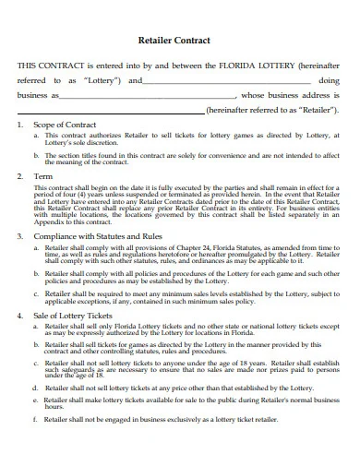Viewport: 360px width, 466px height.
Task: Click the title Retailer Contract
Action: coord(179,41)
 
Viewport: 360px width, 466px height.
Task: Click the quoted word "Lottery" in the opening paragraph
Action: coord(102,81)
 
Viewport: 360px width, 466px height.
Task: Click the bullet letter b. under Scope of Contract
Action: coord(35,154)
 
